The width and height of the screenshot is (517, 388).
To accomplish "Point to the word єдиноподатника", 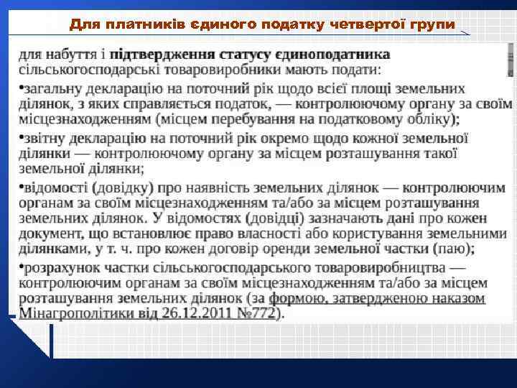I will click(x=338, y=55).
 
